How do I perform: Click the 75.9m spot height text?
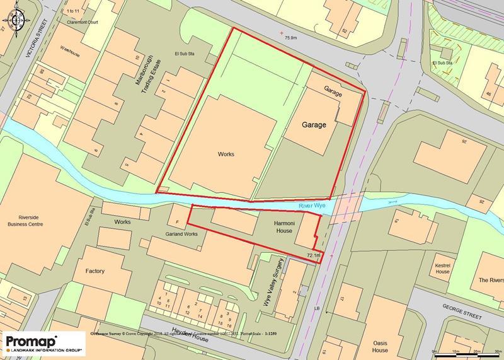[x=290, y=38]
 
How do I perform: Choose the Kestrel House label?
[x=442, y=268]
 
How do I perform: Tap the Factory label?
[x=95, y=271]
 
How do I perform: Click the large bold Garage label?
[x=313, y=125]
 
